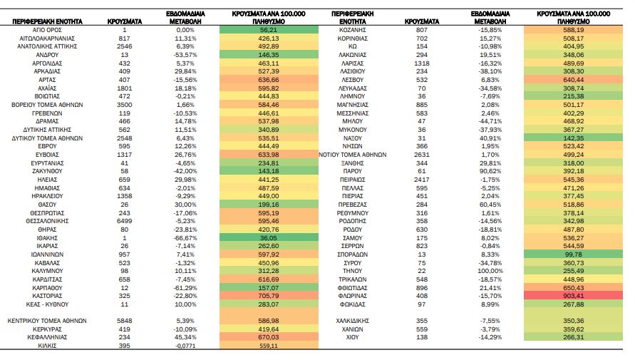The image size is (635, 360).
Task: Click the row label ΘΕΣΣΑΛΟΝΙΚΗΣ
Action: pos(47,221)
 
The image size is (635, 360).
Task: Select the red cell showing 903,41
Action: pos(573,296)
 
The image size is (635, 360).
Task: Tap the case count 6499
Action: pos(124,221)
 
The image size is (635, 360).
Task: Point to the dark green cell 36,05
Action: pos(269,237)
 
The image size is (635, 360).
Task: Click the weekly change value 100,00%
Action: pos(490,271)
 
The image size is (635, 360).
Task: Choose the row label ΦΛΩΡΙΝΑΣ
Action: pos(352,296)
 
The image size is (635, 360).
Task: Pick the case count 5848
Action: pos(124,321)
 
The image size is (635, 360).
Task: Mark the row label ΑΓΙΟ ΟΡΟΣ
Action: pos(47,30)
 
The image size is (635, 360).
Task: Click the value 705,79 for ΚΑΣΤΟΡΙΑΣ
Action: pos(269,296)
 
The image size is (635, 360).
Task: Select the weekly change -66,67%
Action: pos(185,237)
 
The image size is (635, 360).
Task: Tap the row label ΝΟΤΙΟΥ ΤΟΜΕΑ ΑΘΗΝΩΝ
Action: pos(352,155)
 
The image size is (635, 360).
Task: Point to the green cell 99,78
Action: pos(573,254)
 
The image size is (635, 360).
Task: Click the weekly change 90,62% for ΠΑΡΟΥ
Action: pos(490,171)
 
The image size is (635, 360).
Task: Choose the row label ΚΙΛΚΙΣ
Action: pos(47,346)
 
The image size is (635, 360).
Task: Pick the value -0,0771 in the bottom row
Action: pos(185,346)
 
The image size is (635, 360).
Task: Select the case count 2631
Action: pos(422,155)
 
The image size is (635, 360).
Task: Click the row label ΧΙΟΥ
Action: pos(352,337)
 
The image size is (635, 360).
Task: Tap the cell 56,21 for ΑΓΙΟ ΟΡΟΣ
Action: pos(269,30)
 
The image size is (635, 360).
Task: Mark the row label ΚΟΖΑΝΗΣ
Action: pos(352,30)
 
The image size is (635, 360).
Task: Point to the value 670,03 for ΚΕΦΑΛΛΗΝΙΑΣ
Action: pos(269,337)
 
